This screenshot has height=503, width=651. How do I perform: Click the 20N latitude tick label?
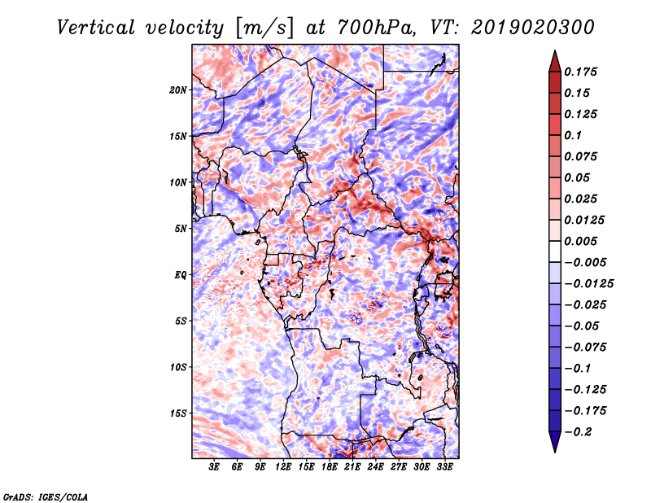(x=178, y=90)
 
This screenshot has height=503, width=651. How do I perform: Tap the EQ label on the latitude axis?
(x=180, y=275)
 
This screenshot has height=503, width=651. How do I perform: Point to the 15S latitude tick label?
(x=178, y=413)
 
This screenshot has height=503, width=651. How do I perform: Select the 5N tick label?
(x=181, y=229)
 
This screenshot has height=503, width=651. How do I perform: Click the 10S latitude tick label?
(x=178, y=367)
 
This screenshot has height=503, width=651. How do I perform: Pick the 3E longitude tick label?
(x=214, y=467)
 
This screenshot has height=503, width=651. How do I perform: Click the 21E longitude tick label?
(x=352, y=467)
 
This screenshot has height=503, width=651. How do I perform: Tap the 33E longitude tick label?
(x=444, y=467)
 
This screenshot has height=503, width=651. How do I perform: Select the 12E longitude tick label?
(x=282, y=467)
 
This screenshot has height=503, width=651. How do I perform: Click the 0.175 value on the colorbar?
(x=580, y=72)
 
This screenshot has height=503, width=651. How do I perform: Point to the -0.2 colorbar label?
(x=578, y=432)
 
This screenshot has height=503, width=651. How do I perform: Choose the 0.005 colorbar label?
(x=580, y=241)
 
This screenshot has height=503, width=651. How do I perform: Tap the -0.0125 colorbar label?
(x=588, y=284)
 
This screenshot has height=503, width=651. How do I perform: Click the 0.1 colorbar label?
(x=573, y=135)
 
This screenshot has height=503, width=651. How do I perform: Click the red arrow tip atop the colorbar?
(x=555, y=50)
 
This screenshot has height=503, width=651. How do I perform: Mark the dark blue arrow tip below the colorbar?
(x=555, y=452)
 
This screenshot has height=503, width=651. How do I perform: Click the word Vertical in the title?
(x=95, y=28)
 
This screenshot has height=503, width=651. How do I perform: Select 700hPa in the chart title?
(x=376, y=28)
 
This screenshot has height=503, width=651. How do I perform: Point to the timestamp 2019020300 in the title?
(x=533, y=28)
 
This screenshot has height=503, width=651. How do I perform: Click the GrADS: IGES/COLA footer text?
(x=46, y=496)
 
